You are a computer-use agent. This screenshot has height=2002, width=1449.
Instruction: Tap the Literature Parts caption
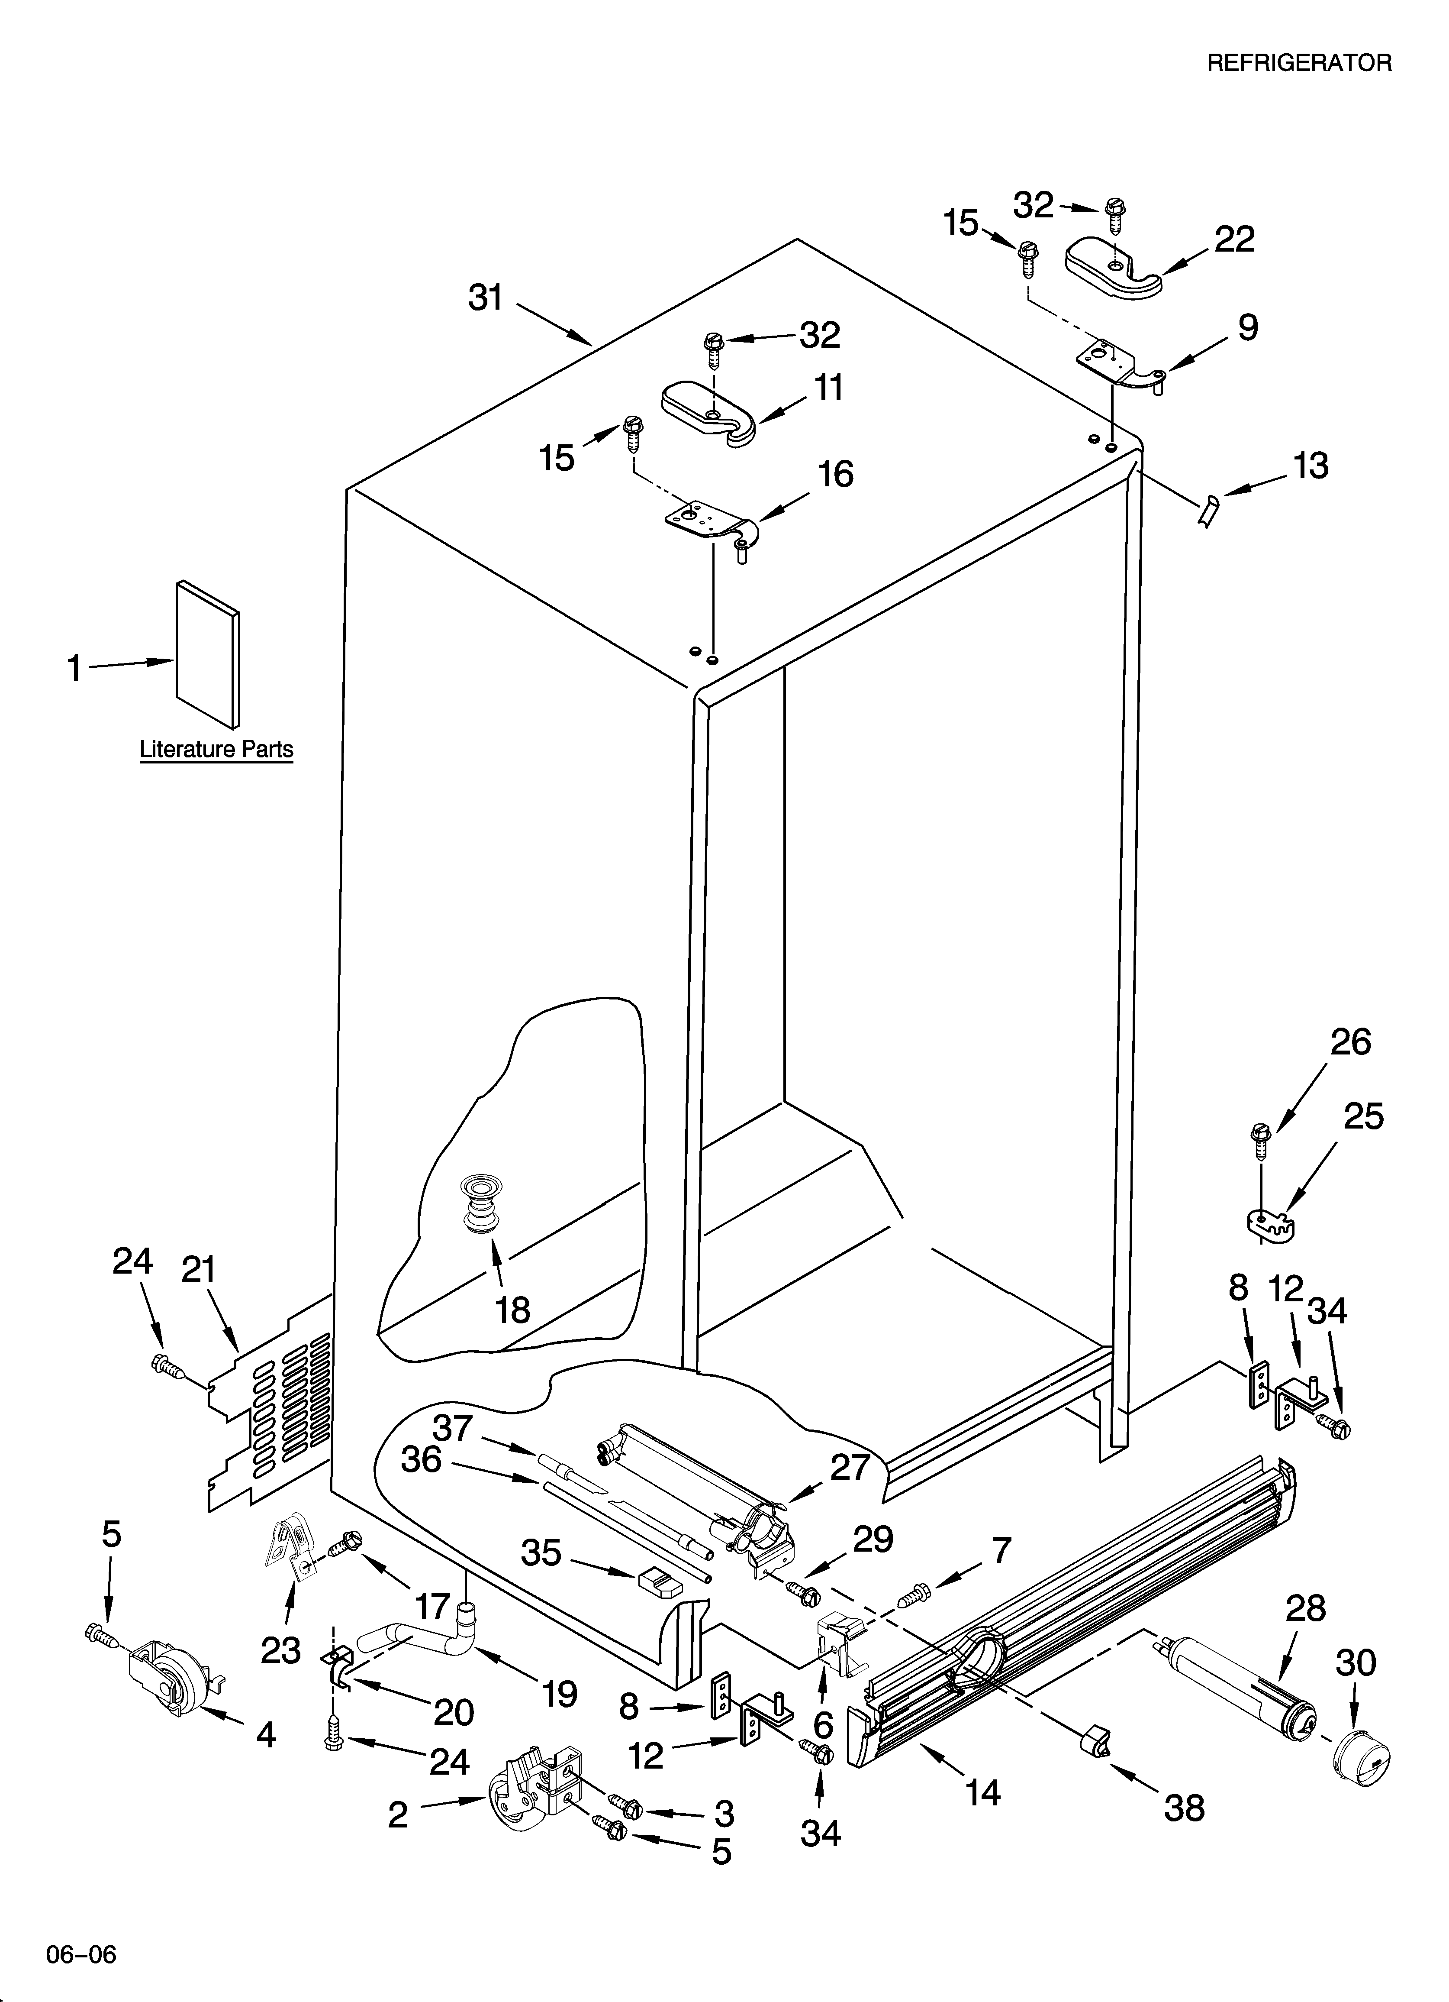point(216,750)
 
